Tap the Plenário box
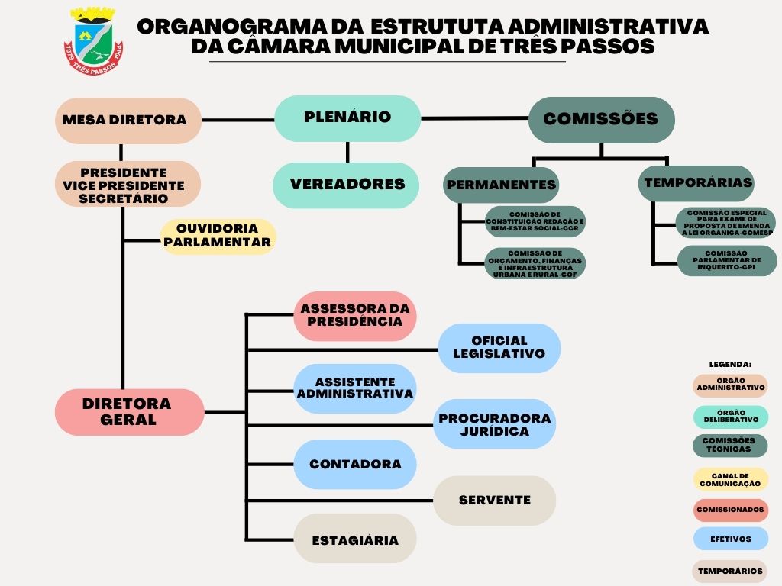coord(347,118)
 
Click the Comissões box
coord(601,120)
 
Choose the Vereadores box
coord(347,185)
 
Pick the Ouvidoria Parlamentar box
coord(218,236)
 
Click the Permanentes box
coord(501,185)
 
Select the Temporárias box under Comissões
coord(697,183)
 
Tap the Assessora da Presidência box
coord(355,315)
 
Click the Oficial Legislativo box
coord(499,348)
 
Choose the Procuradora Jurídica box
coord(494,424)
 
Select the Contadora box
coord(355,464)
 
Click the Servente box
coord(494,501)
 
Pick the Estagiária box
coord(355,539)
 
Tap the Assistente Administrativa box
coord(355,388)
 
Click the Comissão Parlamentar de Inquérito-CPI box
coord(726,260)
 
